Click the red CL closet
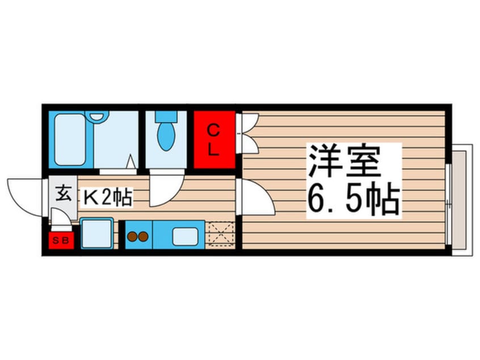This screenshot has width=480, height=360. (x=214, y=140)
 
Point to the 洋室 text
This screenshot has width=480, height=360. (x=343, y=162)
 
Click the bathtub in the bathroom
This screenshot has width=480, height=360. (x=71, y=139)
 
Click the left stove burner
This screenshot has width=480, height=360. (x=132, y=236)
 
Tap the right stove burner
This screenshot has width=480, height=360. (x=142, y=236)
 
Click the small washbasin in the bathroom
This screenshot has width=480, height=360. (x=98, y=116)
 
